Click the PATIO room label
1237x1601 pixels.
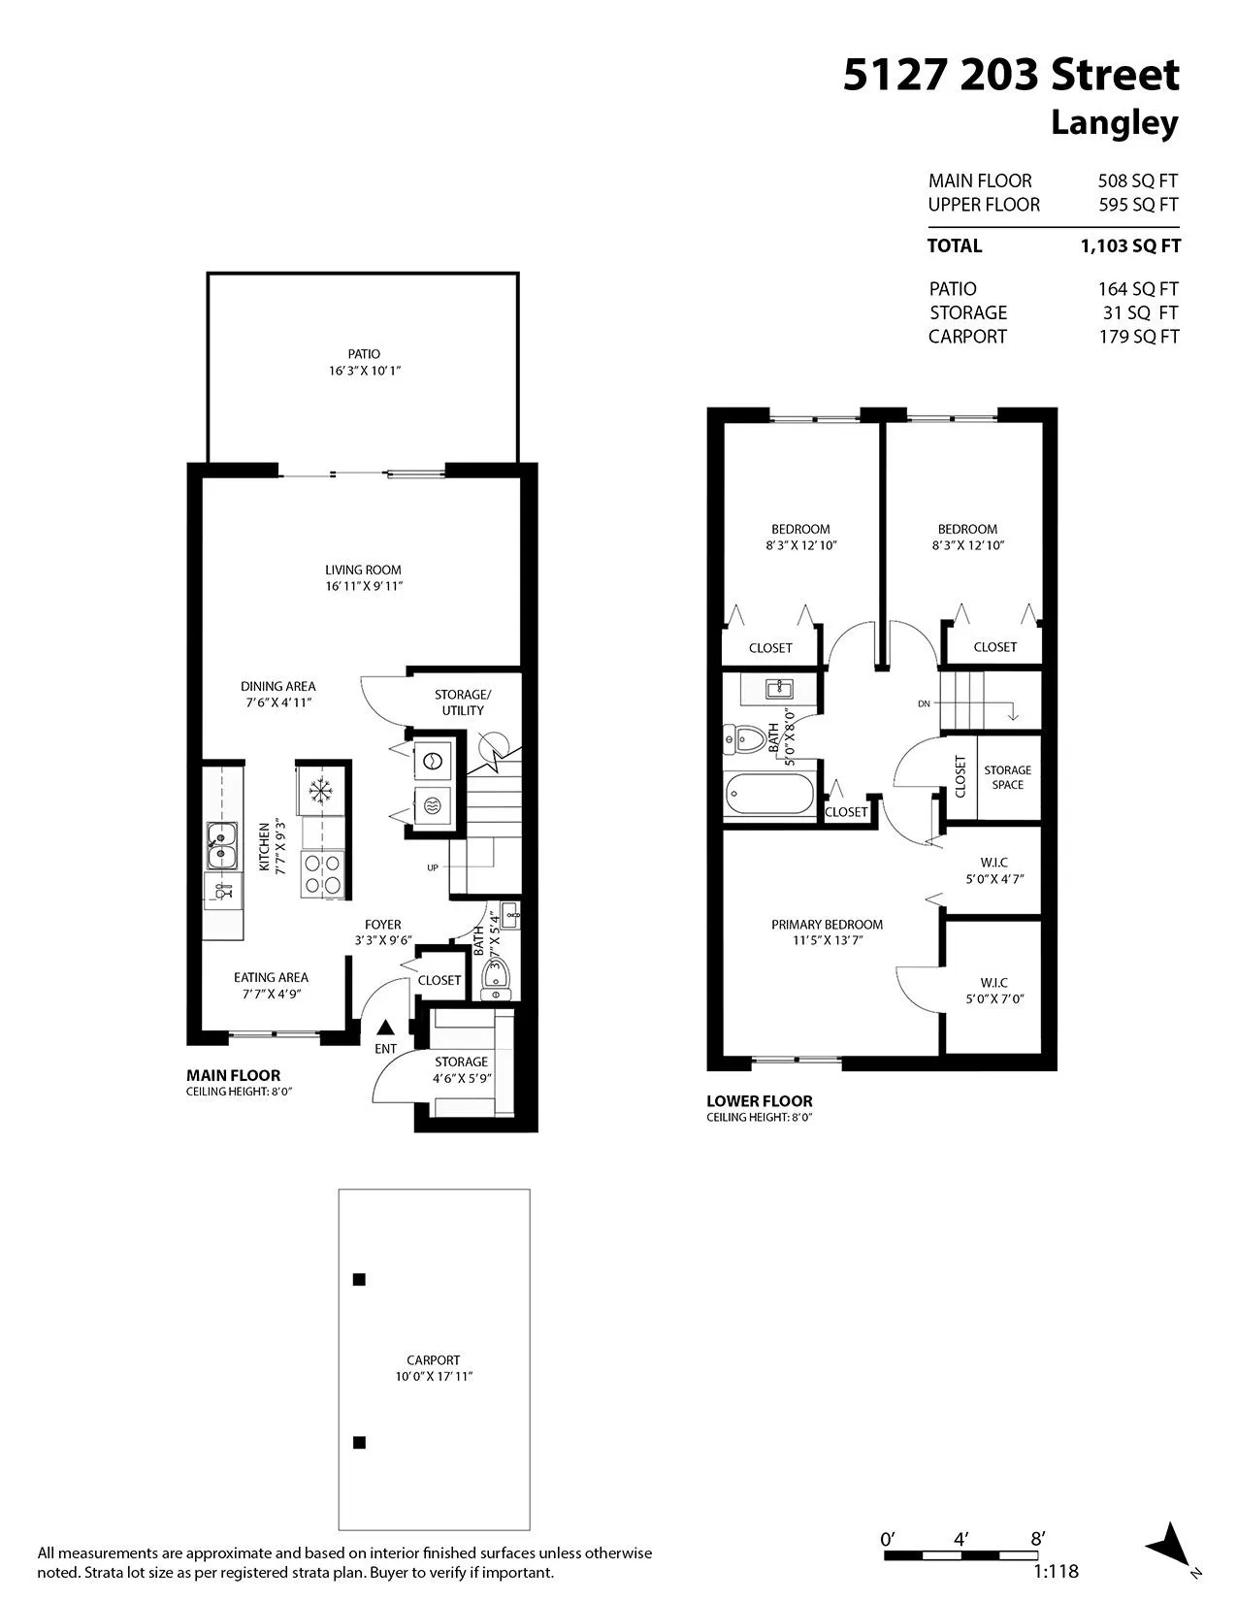click(x=364, y=353)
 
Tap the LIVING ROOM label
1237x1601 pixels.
click(x=363, y=570)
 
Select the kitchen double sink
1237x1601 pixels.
click(x=221, y=845)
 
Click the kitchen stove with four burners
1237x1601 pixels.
click(x=323, y=874)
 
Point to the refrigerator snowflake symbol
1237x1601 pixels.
click(x=320, y=792)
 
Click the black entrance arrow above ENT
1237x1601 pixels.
click(x=385, y=1027)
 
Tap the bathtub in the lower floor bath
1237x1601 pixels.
click(x=769, y=795)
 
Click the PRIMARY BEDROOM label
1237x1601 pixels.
click(x=827, y=924)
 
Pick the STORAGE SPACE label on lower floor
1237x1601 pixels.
click(x=1007, y=777)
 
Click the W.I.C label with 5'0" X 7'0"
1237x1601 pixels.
click(x=994, y=991)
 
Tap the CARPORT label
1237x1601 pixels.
click(x=434, y=1360)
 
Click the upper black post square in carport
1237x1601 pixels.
click(x=360, y=1280)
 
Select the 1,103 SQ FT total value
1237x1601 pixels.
click(x=1130, y=246)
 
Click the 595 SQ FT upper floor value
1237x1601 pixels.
click(x=1138, y=205)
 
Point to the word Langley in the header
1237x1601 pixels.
click(x=1115, y=123)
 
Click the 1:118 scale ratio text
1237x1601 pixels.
click(x=1056, y=1572)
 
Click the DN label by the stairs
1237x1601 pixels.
click(x=924, y=703)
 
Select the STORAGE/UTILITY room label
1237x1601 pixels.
click(x=463, y=702)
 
